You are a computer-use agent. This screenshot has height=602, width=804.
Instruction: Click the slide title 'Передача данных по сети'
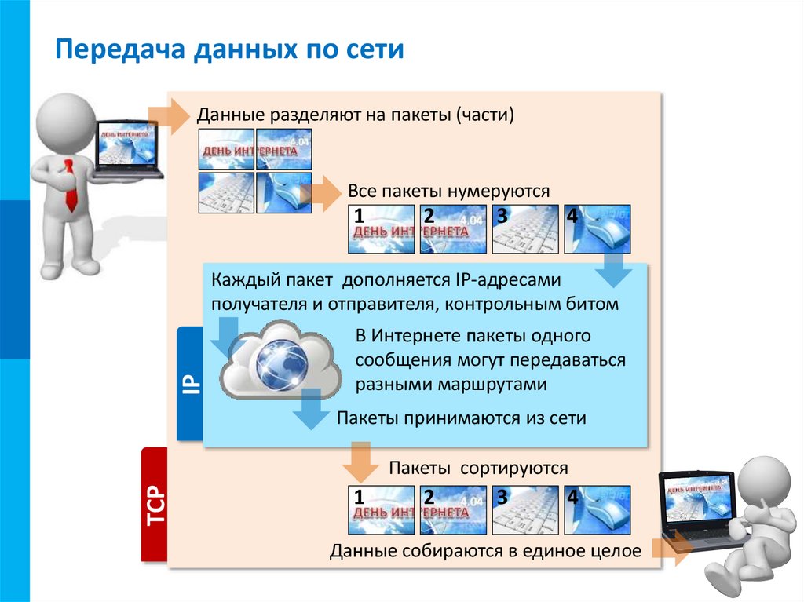point(228,50)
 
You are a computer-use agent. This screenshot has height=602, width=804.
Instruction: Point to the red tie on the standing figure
point(70,184)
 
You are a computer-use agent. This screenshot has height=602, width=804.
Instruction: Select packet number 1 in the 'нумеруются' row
point(380,229)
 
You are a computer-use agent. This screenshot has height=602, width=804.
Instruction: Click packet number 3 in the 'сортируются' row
point(524,510)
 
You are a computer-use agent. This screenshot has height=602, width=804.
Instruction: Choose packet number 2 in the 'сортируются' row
point(453,510)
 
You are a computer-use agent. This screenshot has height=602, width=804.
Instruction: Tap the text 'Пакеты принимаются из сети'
point(461,418)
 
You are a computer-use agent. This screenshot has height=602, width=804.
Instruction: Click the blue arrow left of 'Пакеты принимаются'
point(311,411)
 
